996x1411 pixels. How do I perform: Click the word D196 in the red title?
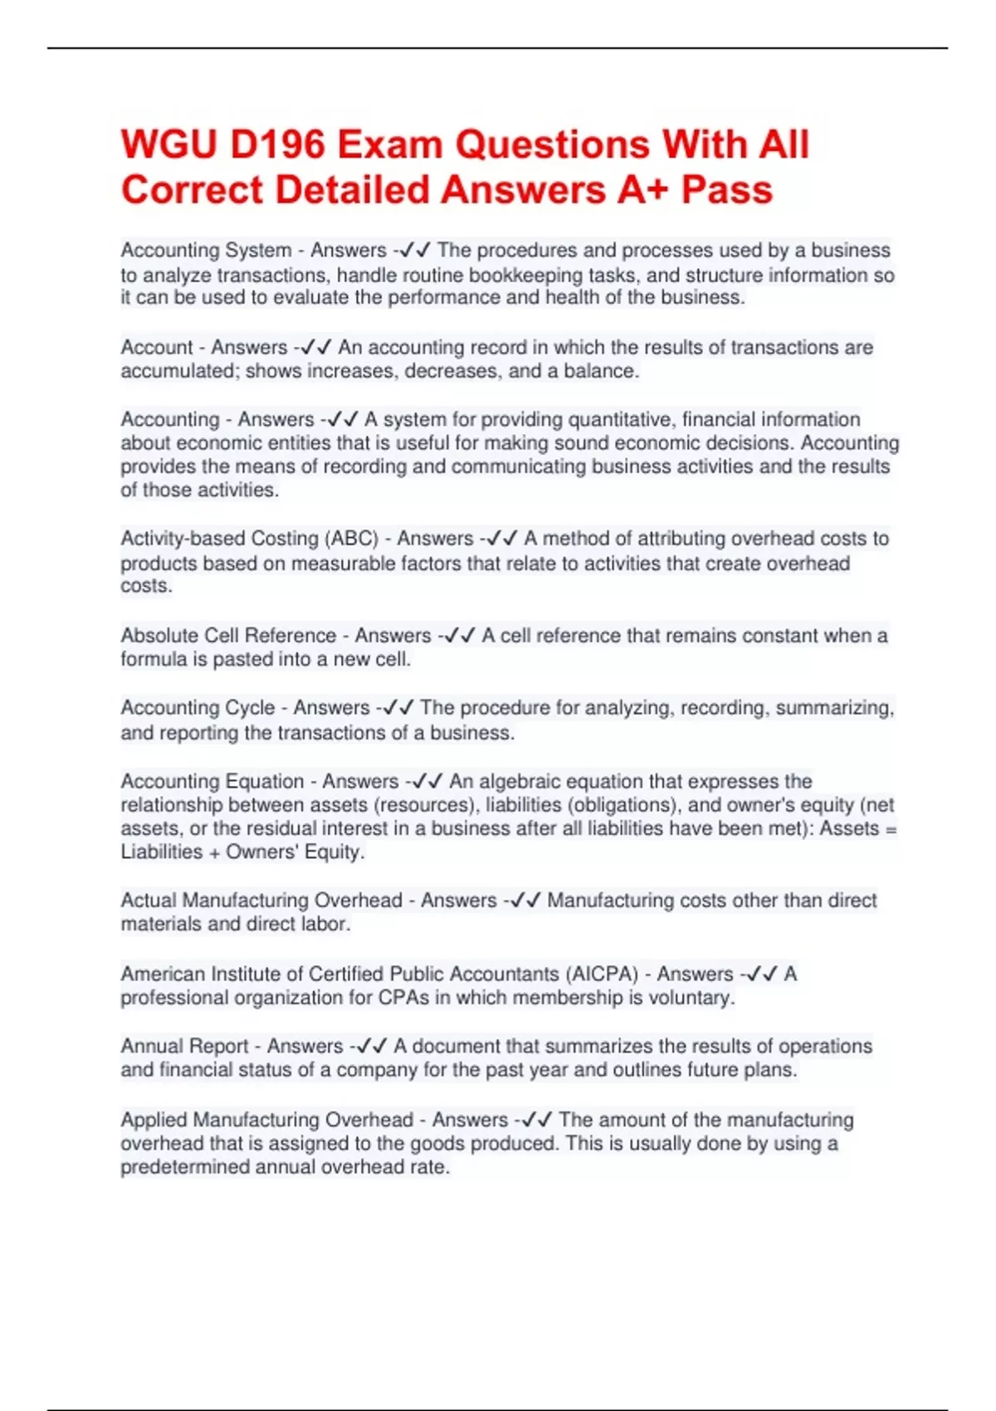pyautogui.click(x=277, y=144)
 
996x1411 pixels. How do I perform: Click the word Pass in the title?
pyautogui.click(x=727, y=189)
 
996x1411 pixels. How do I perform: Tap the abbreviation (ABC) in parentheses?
pyautogui.click(x=354, y=539)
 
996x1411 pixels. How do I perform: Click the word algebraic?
pyautogui.click(x=518, y=782)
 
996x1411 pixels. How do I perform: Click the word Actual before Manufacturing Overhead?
pyautogui.click(x=149, y=901)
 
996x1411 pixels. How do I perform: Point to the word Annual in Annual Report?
pyautogui.click(x=149, y=1047)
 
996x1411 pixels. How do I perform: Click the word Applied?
pyautogui.click(x=154, y=1120)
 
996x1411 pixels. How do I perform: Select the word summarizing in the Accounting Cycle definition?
pyautogui.click(x=834, y=708)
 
